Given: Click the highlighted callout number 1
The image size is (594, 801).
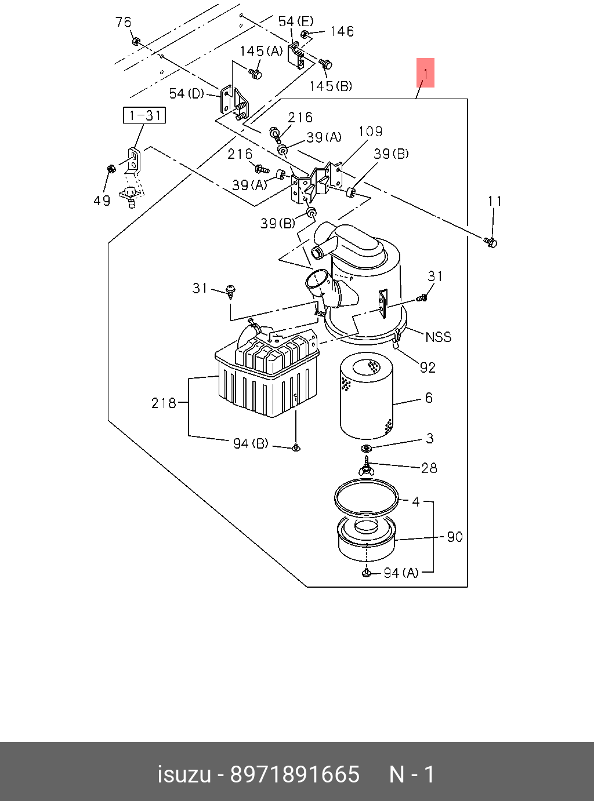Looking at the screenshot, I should point(425,73).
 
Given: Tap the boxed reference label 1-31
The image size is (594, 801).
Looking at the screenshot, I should point(144,115).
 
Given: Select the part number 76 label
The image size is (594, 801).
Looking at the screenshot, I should point(123,22).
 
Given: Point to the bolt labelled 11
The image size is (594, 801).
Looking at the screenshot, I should point(490,242).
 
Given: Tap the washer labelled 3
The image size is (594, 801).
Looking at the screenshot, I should point(367,449).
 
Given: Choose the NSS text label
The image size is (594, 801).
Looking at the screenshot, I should point(438,337).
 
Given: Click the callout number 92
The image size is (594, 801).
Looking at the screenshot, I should point(428,367).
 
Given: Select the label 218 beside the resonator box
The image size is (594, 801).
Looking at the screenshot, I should point(163,402).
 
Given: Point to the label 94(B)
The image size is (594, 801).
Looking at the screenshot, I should point(251,443).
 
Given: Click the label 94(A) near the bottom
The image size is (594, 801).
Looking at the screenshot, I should point(401,573).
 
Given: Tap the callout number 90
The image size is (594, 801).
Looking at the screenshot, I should point(455,537).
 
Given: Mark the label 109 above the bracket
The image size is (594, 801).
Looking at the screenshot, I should point(370,132).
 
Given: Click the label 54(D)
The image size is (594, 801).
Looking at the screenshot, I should point(186,93).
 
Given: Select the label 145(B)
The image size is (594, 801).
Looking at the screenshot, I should point(331,86).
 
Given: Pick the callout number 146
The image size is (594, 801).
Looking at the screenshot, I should point(342,31).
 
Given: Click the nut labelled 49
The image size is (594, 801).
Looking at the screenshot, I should point(110,169).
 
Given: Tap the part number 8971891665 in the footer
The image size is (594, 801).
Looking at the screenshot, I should point(295,774).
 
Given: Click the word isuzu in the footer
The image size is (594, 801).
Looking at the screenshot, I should point(184,774).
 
